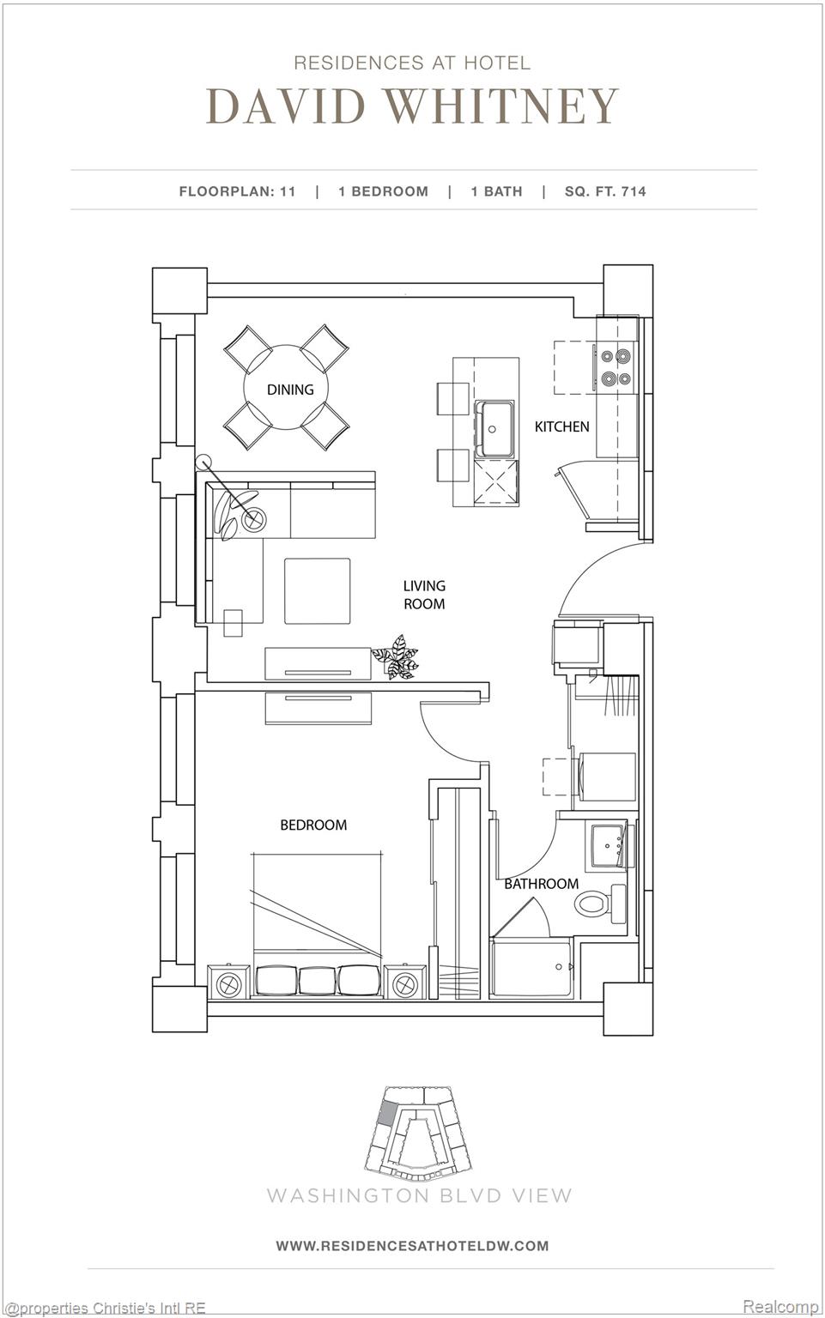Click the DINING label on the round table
tap(289, 390)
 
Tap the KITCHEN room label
tap(561, 426)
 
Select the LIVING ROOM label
tap(424, 595)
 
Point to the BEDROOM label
tap(313, 825)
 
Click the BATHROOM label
tap(541, 883)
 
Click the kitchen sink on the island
tap(494, 428)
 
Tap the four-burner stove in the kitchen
tap(616, 366)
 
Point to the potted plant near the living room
tap(397, 658)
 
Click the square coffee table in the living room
tap(317, 590)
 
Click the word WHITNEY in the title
tap(500, 106)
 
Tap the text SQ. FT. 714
tap(605, 191)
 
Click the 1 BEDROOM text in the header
tap(383, 191)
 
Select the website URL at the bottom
tap(412, 1245)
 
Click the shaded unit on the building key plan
tap(388, 1113)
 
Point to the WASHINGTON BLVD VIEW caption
tap(419, 1195)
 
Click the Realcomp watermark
tap(780, 1306)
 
